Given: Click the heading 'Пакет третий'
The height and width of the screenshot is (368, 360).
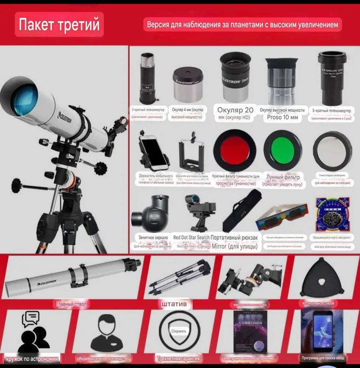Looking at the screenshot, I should point(58,25).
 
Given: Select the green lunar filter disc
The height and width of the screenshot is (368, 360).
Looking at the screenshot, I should point(282,149).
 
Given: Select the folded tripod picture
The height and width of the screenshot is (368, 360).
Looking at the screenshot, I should point(171,279).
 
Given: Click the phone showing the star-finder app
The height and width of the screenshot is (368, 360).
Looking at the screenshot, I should point(321,331).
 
